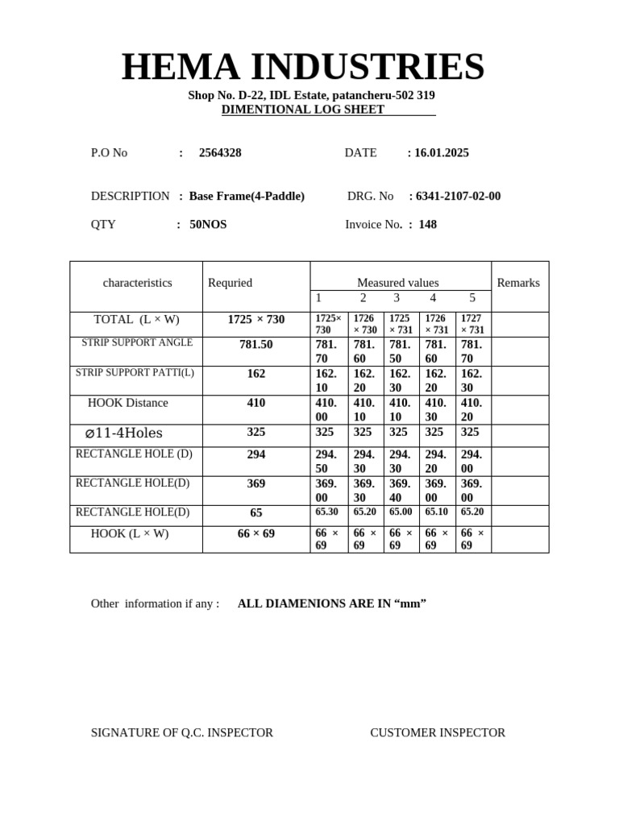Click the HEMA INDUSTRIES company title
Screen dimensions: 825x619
[303, 67]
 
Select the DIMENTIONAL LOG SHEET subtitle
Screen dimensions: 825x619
[303, 110]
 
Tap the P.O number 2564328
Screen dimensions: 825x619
[220, 153]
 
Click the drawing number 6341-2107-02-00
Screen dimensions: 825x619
[458, 197]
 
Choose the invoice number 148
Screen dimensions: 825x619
[427, 225]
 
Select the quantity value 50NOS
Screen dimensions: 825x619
[208, 225]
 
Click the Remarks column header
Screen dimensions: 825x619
[518, 283]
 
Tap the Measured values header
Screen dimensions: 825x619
[397, 283]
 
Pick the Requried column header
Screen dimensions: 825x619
[230, 283]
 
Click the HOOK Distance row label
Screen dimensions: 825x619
[128, 403]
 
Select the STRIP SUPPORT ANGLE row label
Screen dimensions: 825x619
[137, 343]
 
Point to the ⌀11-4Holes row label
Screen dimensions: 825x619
[124, 433]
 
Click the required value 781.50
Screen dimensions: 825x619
[256, 345]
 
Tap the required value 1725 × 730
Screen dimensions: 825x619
[256, 320]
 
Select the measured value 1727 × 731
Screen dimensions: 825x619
[472, 324]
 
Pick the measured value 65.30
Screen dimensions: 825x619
[326, 512]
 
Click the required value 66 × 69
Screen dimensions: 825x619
[256, 534]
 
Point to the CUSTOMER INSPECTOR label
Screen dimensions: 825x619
[438, 733]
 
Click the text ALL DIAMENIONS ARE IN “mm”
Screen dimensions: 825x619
[332, 604]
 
